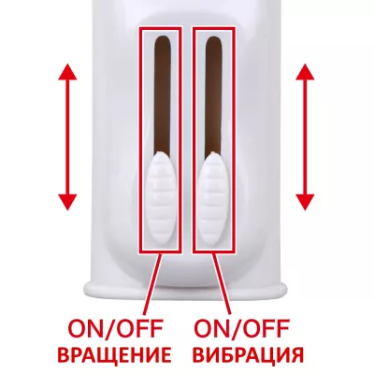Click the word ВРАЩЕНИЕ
tap(115, 354)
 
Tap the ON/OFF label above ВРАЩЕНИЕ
tap(115, 329)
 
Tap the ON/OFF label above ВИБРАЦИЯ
tap(241, 329)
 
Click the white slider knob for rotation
tap(161, 198)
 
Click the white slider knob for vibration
tap(213, 198)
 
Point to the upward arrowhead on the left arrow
tap(67, 72)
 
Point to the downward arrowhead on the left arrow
tap(67, 202)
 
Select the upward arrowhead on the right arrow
tap(305, 72)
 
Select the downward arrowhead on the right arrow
tap(305, 202)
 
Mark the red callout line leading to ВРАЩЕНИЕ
tap(152, 283)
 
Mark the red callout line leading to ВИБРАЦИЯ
tap(222, 283)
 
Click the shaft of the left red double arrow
tap(67, 137)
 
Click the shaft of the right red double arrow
tap(305, 137)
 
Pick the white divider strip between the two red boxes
tap(187, 139)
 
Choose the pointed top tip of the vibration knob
tap(213, 152)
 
